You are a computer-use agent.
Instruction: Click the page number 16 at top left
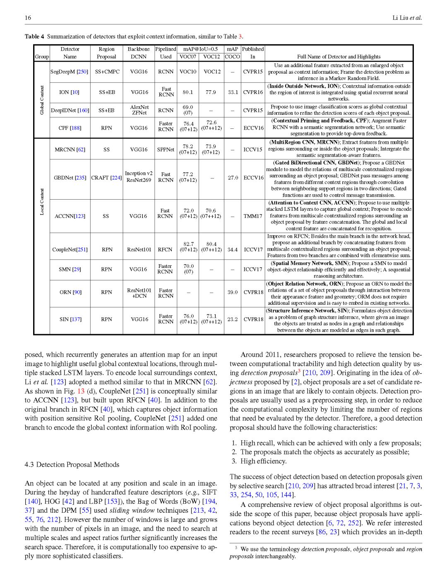tap(28, 17)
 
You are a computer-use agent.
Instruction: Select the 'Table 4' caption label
tap(34, 36)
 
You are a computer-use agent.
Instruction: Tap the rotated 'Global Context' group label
tap(42, 100)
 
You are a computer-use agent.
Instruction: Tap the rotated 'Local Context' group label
tap(42, 202)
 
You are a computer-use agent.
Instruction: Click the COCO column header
tap(232, 57)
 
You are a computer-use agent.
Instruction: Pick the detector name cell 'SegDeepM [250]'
tap(70, 72)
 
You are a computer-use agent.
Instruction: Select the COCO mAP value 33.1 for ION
tap(233, 92)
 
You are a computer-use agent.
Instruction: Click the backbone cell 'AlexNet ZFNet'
tap(139, 110)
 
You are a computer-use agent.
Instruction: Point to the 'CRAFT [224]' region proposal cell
tap(106, 178)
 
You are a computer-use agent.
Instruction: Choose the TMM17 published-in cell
tap(252, 216)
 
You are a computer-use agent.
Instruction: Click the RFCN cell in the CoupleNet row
tap(165, 250)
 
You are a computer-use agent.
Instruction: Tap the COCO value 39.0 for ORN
tap(233, 292)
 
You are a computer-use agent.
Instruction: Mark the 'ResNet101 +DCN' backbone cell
tap(139, 293)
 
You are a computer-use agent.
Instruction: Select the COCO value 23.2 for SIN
tap(233, 319)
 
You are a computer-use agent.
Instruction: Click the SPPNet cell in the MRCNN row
tap(166, 150)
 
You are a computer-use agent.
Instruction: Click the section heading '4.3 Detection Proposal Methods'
tap(72, 465)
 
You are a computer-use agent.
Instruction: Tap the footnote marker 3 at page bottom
tap(236, 548)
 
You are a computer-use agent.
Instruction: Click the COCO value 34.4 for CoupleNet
tap(233, 250)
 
